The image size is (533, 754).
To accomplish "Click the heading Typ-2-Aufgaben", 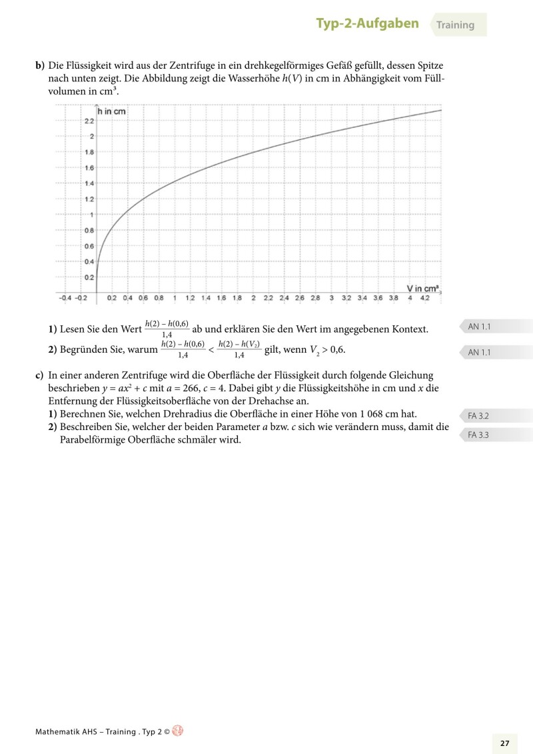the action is click(367, 24).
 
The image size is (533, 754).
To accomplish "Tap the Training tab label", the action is click(456, 25).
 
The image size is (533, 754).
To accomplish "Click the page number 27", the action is click(504, 743).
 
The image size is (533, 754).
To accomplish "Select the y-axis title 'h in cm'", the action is click(112, 111).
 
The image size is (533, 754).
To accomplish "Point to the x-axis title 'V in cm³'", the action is click(422, 289).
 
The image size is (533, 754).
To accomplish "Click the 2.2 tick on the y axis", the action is click(89, 121).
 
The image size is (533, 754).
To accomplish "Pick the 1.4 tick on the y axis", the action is click(89, 183).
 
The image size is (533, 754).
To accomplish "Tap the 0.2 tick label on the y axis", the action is click(89, 277).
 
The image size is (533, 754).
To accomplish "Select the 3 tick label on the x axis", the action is click(331, 298).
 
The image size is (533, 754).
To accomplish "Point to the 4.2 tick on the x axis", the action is click(425, 298).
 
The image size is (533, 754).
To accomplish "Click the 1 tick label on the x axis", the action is click(175, 298).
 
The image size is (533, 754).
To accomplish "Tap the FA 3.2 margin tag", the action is click(478, 415).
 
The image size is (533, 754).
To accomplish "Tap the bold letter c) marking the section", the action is click(39, 375).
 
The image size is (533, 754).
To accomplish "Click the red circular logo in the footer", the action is click(177, 731).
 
